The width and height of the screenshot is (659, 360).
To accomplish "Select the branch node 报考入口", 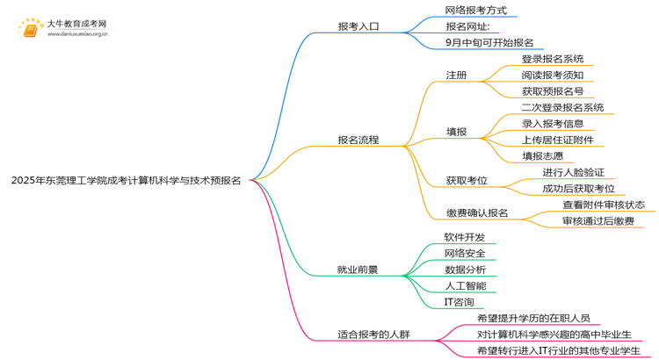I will pos(358,26).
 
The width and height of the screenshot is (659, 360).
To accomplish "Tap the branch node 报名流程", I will pos(358,139).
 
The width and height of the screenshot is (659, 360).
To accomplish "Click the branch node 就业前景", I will pos(358,270).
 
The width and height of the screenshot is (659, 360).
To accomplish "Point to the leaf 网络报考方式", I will pos(475,11).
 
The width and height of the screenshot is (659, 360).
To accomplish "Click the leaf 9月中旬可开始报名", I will pos(489,42).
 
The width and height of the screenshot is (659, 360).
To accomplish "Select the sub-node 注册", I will pos(456,75).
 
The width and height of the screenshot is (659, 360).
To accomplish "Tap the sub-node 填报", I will pos(456,132).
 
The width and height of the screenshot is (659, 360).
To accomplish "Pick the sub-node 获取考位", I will pos(467,180).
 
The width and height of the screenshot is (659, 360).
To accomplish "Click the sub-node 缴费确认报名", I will pos(477,212).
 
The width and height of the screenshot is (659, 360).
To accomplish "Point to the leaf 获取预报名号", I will pos(552,91).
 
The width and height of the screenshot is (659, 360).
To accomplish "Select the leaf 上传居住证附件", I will pos(557,140).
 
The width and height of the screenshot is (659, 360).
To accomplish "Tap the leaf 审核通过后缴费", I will pos(598,221).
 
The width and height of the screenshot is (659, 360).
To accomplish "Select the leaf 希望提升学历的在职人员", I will pos(532,318).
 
